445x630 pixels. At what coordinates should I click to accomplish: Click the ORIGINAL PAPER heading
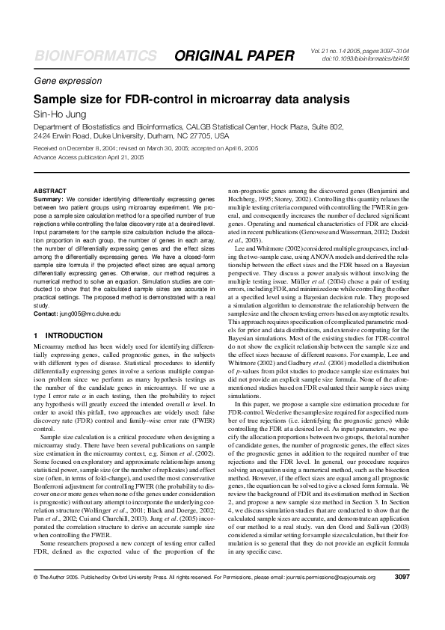234,56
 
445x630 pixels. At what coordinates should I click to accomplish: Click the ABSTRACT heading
49,192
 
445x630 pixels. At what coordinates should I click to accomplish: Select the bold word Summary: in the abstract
49,201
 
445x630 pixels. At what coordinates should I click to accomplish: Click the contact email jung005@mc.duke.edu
89,313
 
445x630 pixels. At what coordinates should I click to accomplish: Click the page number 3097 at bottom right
402,599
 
